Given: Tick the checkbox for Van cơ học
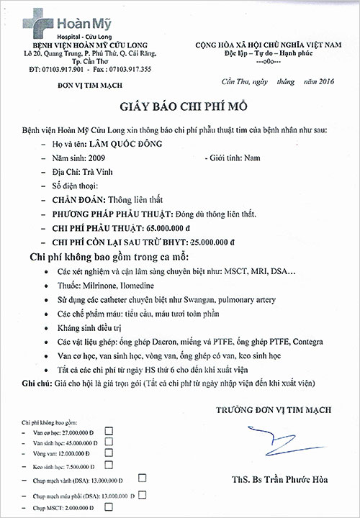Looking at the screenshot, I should pyautogui.click(x=109, y=430).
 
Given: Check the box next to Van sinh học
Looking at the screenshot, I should pyautogui.click(x=109, y=442).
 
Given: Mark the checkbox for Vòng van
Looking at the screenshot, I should pyautogui.click(x=109, y=453).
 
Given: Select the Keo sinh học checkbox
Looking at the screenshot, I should pyautogui.click(x=109, y=465).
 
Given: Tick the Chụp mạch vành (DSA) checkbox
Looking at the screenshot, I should pyautogui.click(x=142, y=478).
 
